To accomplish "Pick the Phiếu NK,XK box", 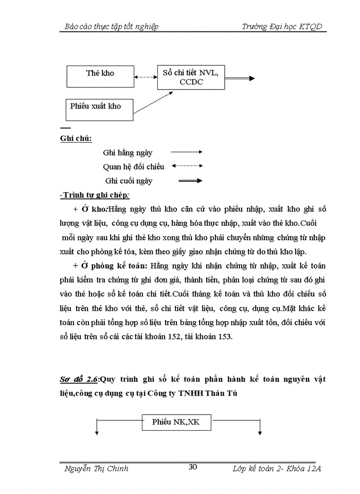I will pos(175,422).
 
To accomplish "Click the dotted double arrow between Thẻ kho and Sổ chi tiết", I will pos(145,77).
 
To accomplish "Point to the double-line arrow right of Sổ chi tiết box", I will pos(240,78).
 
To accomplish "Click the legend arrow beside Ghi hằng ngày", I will pos(186,152).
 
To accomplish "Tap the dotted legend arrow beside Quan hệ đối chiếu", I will pos(186,166).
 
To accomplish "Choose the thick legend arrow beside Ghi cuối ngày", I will pos(189,181).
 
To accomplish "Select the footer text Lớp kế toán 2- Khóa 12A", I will pos(277,468).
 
